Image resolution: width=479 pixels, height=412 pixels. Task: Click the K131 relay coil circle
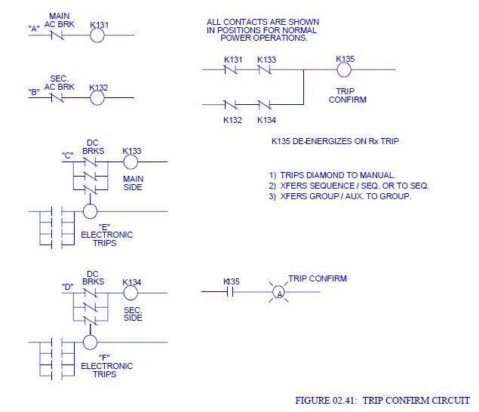click(97, 35)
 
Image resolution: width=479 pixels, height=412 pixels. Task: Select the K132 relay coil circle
click(97, 97)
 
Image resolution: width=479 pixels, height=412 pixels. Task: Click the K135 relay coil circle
click(344, 69)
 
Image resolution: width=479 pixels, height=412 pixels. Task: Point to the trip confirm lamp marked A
click(278, 293)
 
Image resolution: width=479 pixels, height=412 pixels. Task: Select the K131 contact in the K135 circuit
click(231, 69)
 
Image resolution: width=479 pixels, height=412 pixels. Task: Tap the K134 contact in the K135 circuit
click(265, 106)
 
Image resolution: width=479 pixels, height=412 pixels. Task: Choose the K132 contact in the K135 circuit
click(231, 106)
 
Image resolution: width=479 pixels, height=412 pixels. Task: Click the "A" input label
click(34, 29)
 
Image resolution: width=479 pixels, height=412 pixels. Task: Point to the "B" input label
click(34, 92)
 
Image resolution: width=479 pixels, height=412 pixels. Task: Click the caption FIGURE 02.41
click(383, 400)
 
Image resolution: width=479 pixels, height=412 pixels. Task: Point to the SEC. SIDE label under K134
click(132, 313)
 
